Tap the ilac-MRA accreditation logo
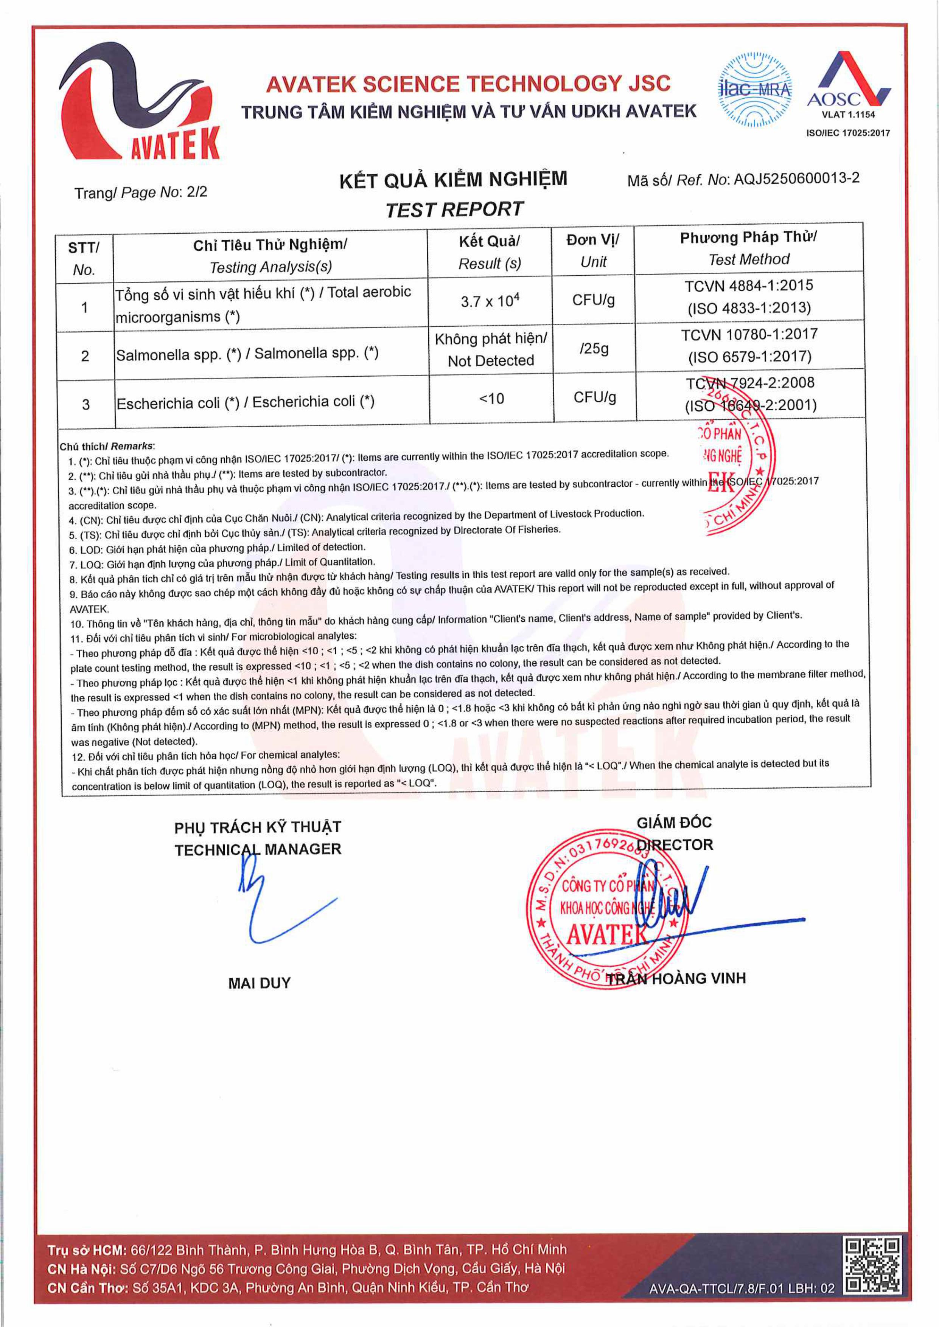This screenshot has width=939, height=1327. click(754, 90)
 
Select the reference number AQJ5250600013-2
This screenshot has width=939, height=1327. click(796, 178)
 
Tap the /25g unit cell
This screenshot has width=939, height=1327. click(594, 349)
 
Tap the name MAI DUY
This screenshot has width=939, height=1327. click(259, 983)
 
